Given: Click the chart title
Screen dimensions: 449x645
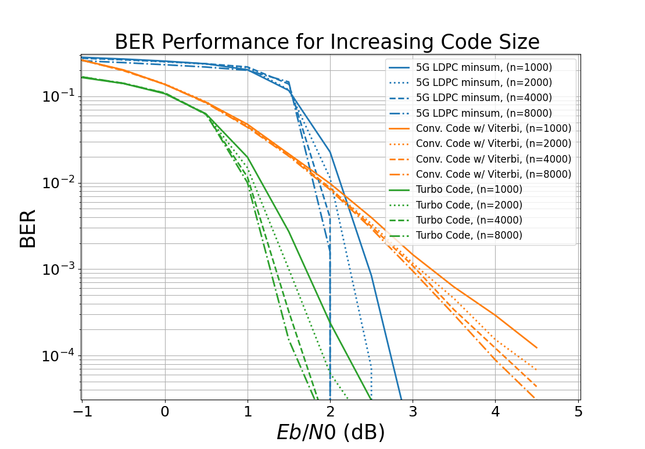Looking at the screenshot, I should (x=327, y=42).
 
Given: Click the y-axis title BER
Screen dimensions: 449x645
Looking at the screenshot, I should (x=27, y=229).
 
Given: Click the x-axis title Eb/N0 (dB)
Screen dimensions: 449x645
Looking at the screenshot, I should (x=330, y=432).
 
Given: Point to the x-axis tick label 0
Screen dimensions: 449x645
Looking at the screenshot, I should (x=165, y=412).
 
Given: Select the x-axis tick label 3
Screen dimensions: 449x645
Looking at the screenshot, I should (x=413, y=412).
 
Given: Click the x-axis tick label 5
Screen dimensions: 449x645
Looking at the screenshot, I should (x=578, y=412).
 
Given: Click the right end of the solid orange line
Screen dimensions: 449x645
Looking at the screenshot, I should (x=536, y=348).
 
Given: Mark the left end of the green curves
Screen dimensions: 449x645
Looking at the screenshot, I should (x=83, y=77).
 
